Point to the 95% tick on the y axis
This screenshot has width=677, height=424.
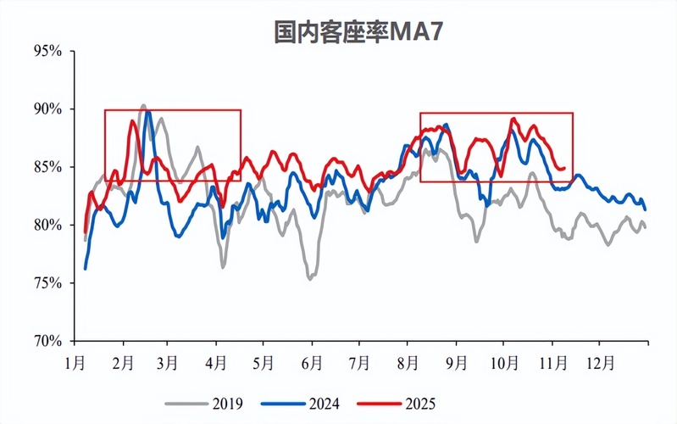[47, 51]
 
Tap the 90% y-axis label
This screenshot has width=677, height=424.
[47, 109]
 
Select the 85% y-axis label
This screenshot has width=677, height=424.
[47, 167]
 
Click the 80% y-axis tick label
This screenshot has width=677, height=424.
[47, 225]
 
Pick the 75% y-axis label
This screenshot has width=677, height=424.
[47, 282]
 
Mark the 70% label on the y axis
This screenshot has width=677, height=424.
[47, 341]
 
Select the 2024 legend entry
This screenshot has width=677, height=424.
[318, 402]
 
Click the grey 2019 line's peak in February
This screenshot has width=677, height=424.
[142, 105]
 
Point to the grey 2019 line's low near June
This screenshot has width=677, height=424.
[310, 278]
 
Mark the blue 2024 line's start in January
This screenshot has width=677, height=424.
[86, 268]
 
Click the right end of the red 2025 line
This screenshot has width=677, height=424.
[564, 169]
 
